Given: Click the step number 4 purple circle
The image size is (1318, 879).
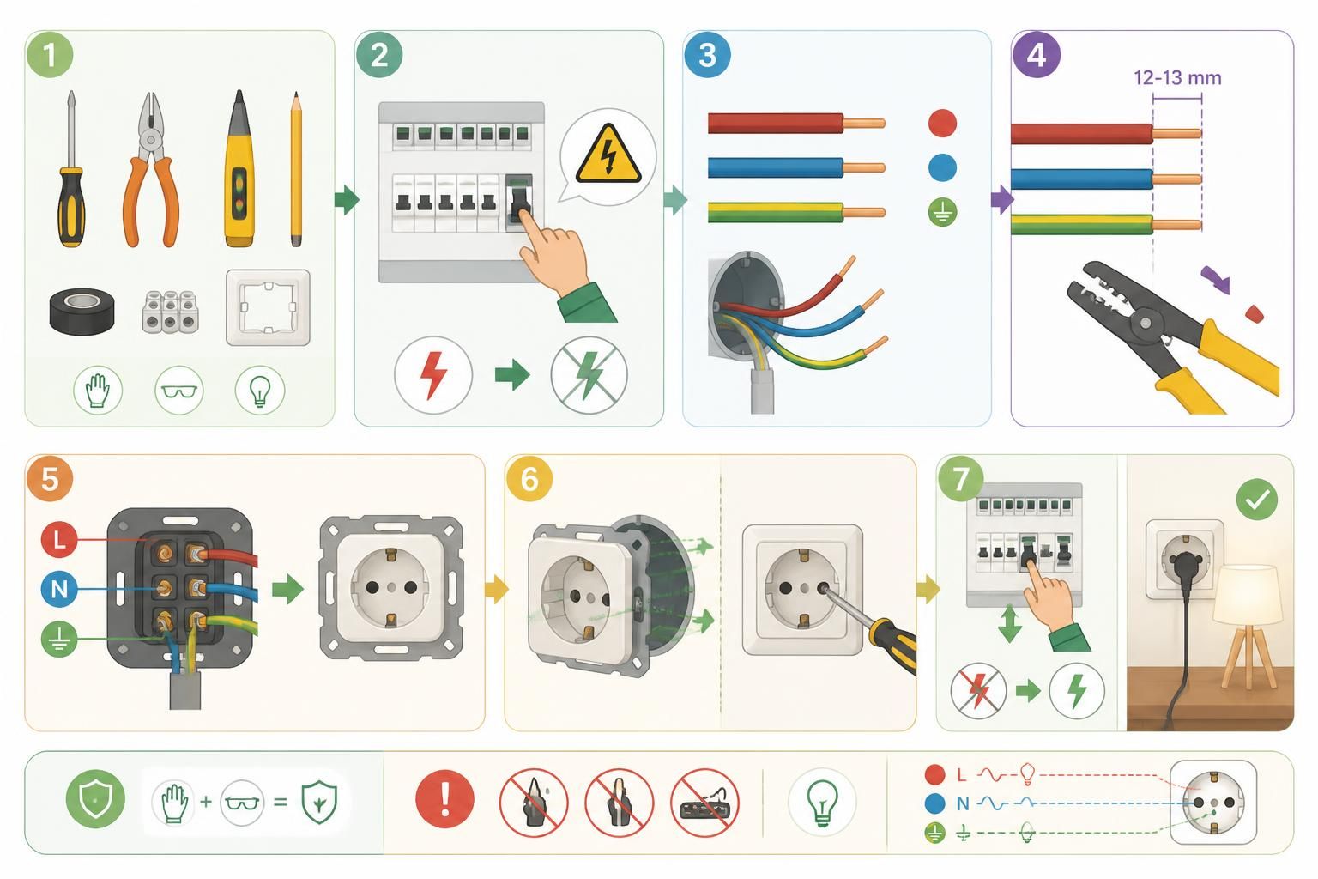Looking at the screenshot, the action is (1037, 55).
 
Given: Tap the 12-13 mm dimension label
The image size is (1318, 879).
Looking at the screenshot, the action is (1176, 78).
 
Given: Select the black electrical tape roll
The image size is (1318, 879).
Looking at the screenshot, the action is (82, 310).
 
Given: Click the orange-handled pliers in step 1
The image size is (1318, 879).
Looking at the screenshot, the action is (151, 169).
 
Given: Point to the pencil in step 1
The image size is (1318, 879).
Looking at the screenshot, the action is (296, 169).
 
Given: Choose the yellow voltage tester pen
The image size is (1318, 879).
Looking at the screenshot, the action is (239, 168).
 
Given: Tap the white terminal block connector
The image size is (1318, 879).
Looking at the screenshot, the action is (171, 312).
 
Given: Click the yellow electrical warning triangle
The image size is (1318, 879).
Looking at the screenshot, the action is (608, 155).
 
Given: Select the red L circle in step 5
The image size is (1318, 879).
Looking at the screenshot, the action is (59, 539).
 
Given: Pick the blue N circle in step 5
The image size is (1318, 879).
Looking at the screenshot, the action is (59, 589).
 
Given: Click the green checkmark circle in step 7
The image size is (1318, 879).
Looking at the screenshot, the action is (1257, 500).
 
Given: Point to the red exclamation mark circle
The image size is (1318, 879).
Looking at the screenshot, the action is (444, 799).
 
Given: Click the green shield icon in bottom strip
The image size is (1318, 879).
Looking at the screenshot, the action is (96, 799).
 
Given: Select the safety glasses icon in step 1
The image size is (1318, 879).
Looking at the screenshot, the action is (178, 391).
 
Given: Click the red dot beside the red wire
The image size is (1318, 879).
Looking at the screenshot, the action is (943, 123).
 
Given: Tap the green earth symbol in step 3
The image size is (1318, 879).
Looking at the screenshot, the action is (943, 213).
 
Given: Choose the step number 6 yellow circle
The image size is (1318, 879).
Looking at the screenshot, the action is (529, 478).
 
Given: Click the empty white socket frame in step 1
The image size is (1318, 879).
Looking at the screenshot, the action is (269, 307).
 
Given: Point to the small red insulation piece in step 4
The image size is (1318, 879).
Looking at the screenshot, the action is (1254, 314).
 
